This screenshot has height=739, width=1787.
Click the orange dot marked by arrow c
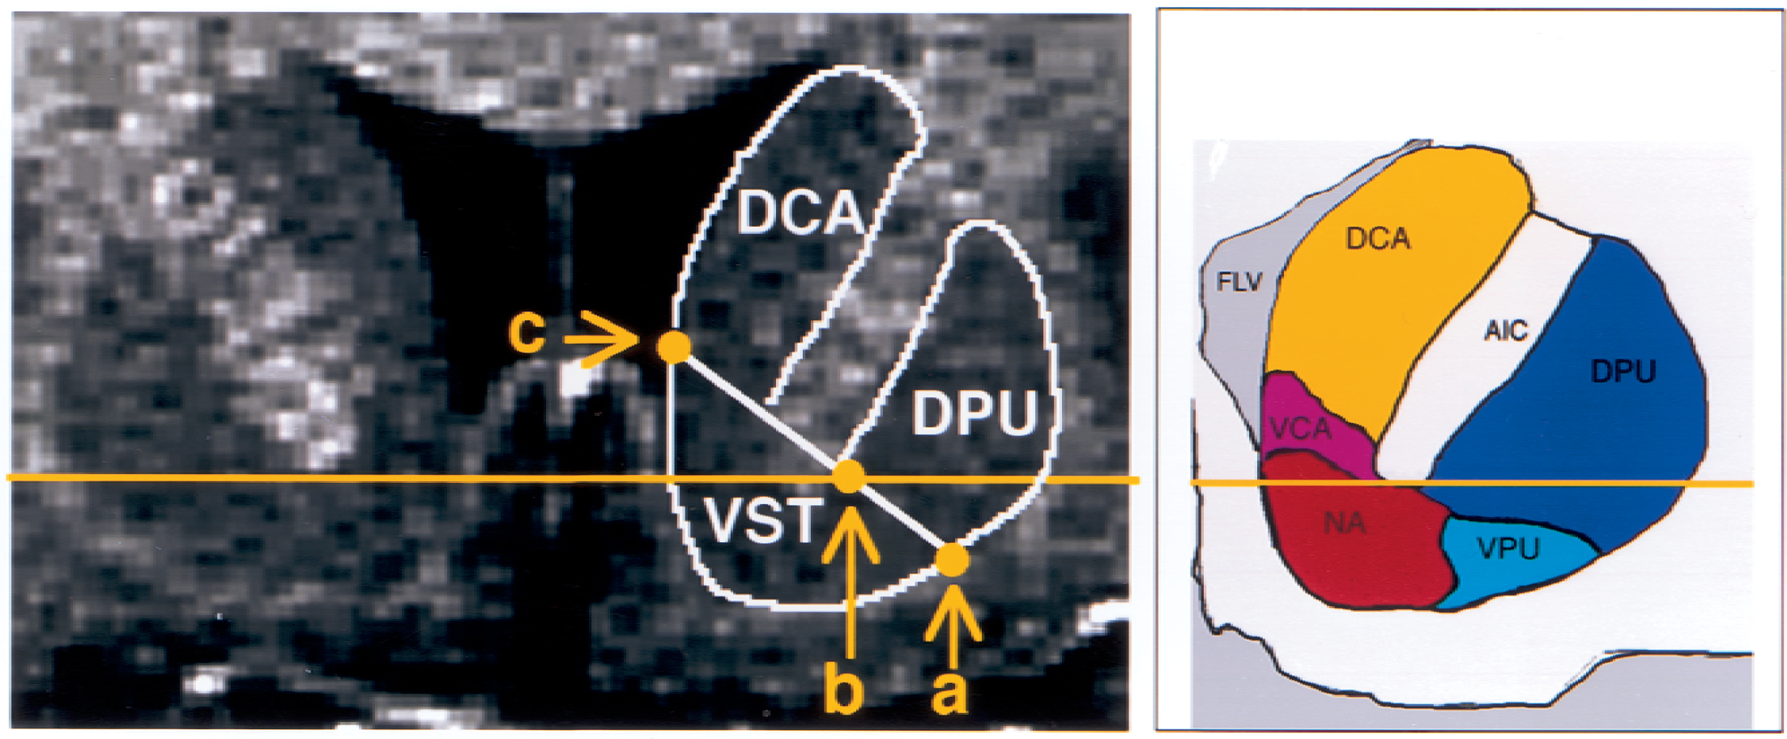click(674, 347)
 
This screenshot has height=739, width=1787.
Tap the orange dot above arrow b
click(849, 476)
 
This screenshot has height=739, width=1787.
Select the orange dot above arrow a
click(952, 560)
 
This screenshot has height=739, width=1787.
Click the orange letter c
click(527, 332)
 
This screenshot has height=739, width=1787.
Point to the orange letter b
click(843, 690)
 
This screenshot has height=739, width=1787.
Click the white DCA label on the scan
click(800, 214)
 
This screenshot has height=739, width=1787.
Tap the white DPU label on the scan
click(975, 413)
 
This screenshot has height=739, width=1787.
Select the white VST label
click(764, 520)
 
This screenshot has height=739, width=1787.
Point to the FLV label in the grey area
click(1239, 282)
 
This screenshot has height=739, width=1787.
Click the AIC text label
click(1506, 331)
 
